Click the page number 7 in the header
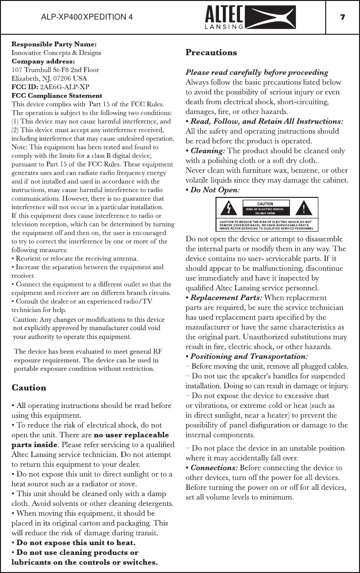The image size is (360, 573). point(343,17)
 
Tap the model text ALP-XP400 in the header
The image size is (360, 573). point(61,17)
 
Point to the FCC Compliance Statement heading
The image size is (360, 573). point(57,95)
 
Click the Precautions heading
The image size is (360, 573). point(211,52)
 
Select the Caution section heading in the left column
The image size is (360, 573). point(28,388)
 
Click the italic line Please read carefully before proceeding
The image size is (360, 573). point(257,72)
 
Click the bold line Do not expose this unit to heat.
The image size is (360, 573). point(76,543)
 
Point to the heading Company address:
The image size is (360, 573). point(44,61)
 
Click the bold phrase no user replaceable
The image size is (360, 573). point(131,435)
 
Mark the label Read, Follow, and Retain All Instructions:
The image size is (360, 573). point(266,121)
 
